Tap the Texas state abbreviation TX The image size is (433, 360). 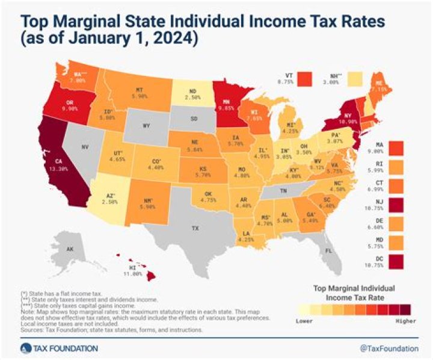[x=194, y=229]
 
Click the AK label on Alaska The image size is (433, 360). [x=53, y=249]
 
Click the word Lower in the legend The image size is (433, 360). [x=305, y=321]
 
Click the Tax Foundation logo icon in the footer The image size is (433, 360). [x=25, y=348]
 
